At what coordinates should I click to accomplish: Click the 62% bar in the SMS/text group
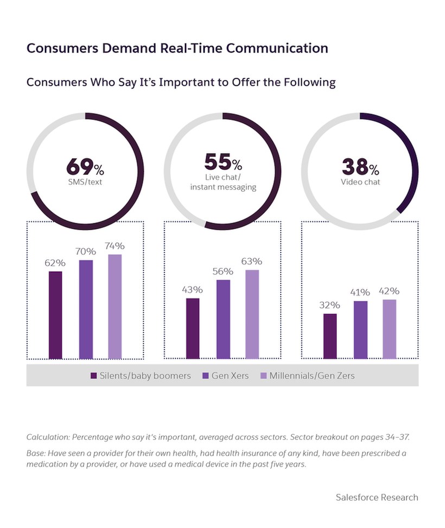click(55, 315)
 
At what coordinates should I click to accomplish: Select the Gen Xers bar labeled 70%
click(86, 310)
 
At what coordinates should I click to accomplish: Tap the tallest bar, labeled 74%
click(115, 307)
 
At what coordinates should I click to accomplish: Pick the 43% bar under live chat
click(193, 329)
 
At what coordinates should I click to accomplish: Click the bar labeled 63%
click(252, 315)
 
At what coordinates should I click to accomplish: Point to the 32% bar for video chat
click(330, 336)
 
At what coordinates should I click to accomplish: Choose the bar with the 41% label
click(360, 330)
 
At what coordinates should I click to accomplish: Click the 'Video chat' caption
click(360, 182)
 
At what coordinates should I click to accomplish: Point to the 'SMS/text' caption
click(85, 182)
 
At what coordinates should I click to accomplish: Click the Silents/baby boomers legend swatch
click(93, 375)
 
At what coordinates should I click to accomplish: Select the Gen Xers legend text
click(230, 375)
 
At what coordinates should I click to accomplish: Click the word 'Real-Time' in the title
click(192, 48)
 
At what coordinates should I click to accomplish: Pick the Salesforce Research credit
click(377, 497)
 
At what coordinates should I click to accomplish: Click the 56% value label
click(223, 271)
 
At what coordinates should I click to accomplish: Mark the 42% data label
click(389, 291)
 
